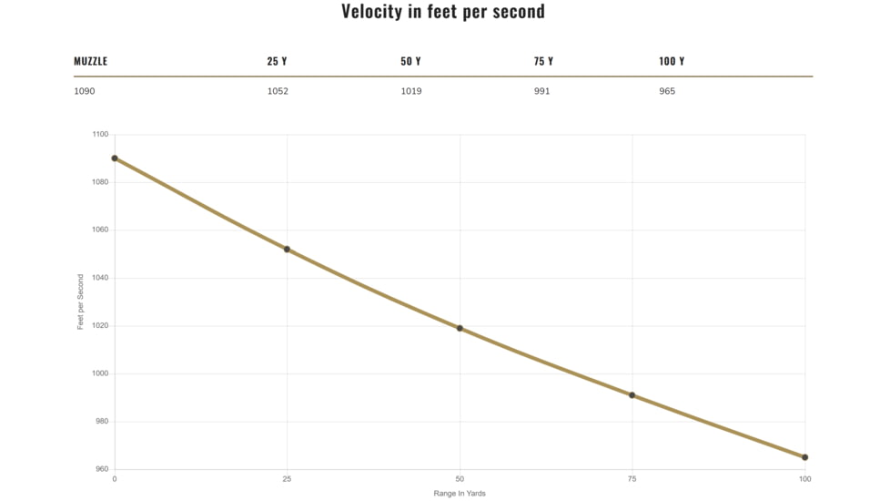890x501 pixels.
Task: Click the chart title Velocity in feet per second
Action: tap(443, 11)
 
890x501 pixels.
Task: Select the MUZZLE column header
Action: tap(90, 61)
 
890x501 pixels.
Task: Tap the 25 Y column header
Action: tap(277, 61)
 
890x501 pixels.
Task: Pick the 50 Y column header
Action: tap(410, 61)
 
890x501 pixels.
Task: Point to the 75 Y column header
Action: tap(543, 61)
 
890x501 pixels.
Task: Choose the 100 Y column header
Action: tap(672, 61)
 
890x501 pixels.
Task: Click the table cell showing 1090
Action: tap(85, 91)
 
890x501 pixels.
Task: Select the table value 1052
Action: tap(278, 91)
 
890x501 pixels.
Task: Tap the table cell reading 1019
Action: tap(411, 91)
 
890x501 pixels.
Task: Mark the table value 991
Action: tap(541, 91)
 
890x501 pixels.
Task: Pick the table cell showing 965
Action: tap(667, 91)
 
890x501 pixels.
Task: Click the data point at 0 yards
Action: tap(115, 158)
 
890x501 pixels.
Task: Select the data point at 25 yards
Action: tap(287, 250)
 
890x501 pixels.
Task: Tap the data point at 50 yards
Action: tap(460, 328)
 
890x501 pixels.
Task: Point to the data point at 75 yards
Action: tap(632, 395)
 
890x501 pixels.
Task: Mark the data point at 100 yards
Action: tap(804, 457)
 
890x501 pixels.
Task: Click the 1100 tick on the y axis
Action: tap(100, 135)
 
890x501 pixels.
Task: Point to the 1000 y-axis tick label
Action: tap(100, 373)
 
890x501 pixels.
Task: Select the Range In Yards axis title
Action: tap(460, 494)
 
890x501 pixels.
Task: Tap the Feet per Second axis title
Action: tap(81, 302)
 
